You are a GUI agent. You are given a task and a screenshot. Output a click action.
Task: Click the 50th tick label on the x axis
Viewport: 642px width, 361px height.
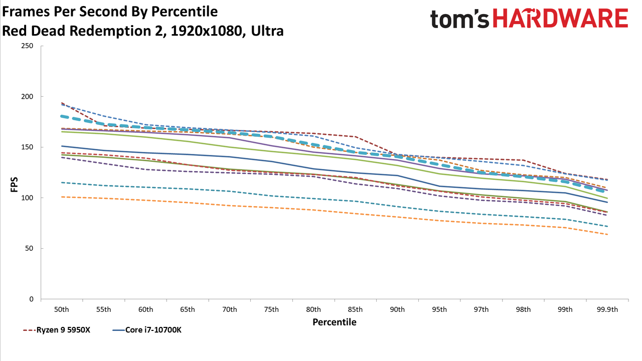click(x=62, y=310)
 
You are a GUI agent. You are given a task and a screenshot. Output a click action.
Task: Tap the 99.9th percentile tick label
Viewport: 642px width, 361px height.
click(x=607, y=310)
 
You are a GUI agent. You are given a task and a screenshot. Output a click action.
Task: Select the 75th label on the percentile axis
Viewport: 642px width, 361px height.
click(x=271, y=310)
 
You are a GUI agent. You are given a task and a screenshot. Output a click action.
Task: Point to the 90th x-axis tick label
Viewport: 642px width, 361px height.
click(x=397, y=310)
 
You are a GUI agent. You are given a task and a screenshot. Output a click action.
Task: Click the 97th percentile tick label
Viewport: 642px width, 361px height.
click(x=481, y=310)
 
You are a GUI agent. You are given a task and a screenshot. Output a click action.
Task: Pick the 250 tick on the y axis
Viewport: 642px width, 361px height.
click(x=27, y=46)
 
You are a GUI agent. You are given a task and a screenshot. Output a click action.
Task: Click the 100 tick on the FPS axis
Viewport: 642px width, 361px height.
click(x=27, y=198)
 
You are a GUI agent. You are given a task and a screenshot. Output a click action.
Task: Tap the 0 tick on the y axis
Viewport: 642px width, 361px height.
click(x=31, y=299)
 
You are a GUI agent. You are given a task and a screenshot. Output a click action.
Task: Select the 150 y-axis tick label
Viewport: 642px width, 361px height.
click(x=27, y=147)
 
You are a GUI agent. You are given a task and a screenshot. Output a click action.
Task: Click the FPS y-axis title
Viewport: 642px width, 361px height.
click(x=14, y=185)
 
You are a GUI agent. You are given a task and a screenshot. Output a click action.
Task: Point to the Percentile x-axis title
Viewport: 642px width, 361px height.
click(x=335, y=322)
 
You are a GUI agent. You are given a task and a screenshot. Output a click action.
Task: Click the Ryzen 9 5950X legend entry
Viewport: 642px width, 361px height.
click(x=57, y=330)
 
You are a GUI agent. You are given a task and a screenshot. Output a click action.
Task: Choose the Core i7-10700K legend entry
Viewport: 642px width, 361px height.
click(x=147, y=330)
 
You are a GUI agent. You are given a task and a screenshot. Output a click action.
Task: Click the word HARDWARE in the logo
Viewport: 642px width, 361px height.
click(x=560, y=18)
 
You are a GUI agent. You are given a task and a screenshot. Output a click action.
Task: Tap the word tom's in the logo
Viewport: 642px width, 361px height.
click(x=459, y=19)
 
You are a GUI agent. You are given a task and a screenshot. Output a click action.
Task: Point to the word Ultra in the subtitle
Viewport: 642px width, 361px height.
click(x=267, y=31)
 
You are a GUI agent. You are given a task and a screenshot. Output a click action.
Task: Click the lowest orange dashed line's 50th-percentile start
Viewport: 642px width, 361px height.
click(x=62, y=197)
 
